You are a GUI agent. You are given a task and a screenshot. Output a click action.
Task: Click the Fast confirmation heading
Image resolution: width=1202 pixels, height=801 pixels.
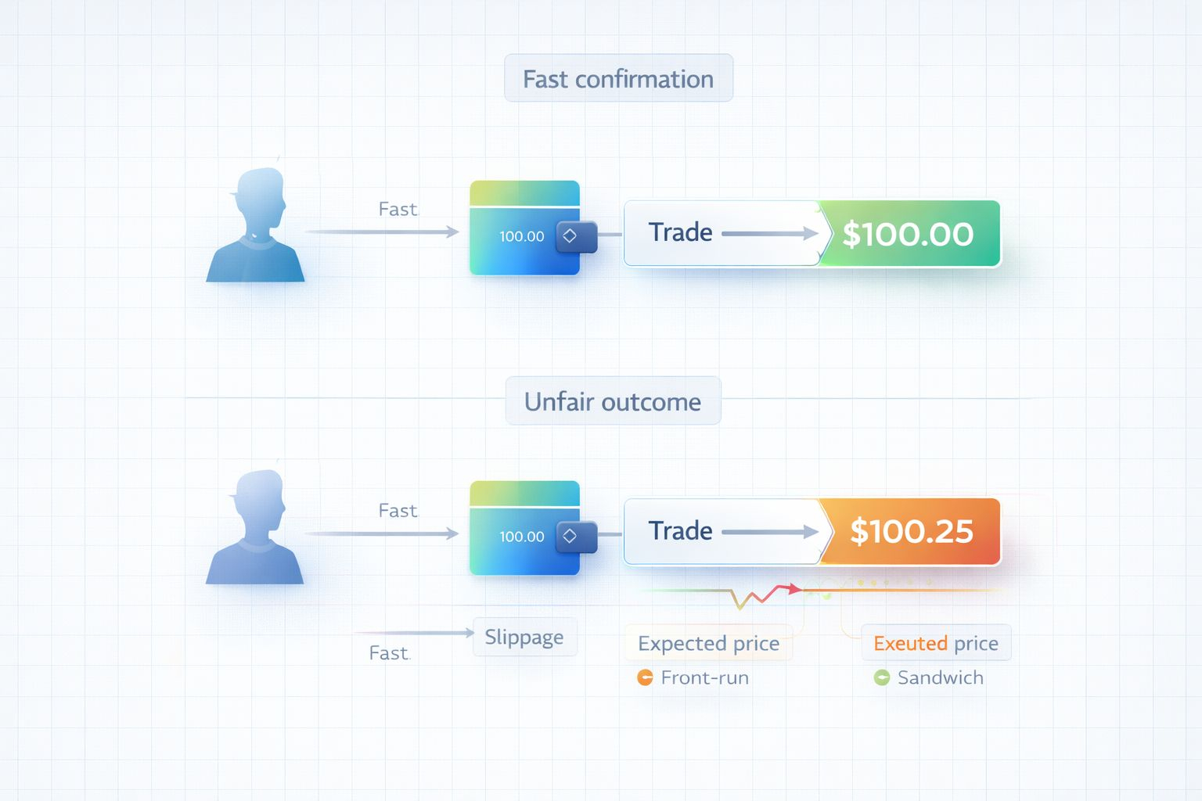618,78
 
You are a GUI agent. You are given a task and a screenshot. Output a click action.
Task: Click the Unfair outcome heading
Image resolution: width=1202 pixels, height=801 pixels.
613,401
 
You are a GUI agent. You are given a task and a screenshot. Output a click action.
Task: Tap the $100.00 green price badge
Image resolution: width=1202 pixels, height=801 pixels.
908,234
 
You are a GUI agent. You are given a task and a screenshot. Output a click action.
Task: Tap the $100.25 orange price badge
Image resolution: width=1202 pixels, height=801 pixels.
912,532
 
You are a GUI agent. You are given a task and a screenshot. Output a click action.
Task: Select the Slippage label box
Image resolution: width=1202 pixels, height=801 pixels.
524,637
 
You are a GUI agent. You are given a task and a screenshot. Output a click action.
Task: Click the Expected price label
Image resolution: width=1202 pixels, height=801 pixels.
708,643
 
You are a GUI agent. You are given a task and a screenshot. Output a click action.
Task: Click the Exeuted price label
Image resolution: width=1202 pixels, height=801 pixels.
936,643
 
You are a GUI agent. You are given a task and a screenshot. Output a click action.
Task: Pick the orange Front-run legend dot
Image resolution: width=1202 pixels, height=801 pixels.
645,677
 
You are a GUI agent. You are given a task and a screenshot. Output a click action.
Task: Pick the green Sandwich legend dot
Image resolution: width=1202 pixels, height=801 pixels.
882,677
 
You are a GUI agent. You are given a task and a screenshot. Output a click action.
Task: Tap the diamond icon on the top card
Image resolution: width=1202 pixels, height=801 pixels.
570,235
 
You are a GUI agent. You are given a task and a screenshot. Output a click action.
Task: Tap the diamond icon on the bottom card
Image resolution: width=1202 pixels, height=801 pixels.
570,536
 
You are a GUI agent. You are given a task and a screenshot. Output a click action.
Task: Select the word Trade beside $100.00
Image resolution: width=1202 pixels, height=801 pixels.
680,232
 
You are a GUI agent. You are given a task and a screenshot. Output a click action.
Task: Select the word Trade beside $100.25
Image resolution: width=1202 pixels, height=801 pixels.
680,531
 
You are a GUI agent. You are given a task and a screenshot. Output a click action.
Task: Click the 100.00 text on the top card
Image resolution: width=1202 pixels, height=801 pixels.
522,236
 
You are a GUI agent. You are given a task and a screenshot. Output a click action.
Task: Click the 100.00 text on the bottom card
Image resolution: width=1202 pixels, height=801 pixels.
522,537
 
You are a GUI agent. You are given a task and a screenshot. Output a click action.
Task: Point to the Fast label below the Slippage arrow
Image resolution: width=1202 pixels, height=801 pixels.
389,653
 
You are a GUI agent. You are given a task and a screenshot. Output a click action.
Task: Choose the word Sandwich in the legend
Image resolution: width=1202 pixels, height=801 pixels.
940,677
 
